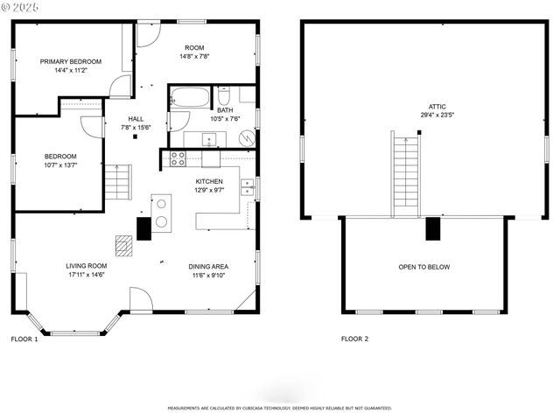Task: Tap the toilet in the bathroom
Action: click(x=224, y=95)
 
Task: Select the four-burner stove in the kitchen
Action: click(x=178, y=158)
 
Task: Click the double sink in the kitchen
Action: click(x=248, y=187)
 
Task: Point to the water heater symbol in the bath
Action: click(x=248, y=138)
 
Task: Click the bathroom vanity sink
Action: click(x=210, y=138)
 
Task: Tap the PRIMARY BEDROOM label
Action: click(x=71, y=61)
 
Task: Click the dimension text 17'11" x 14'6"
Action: click(x=86, y=275)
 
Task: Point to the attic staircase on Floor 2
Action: click(x=404, y=175)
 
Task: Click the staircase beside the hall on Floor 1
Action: click(x=117, y=184)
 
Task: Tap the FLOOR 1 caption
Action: click(x=24, y=339)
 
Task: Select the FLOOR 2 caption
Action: click(x=354, y=339)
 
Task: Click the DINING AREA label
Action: click(x=208, y=266)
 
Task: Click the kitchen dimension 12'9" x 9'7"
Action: click(x=209, y=189)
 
